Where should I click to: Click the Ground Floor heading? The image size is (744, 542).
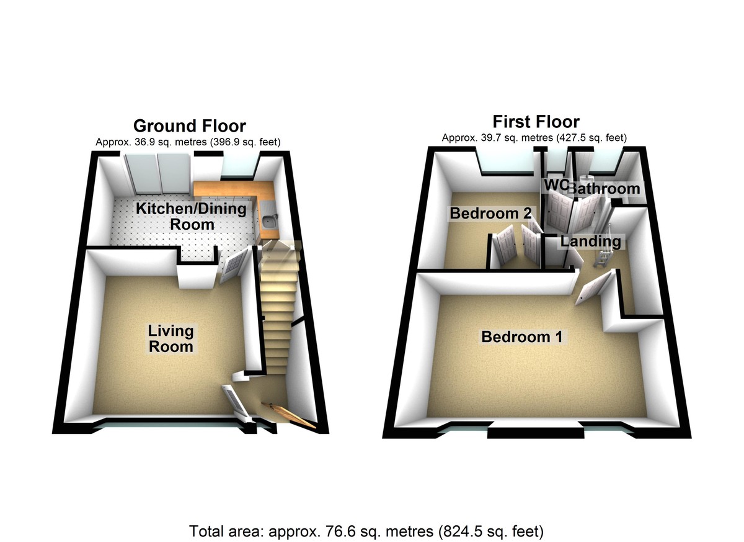click(190, 126)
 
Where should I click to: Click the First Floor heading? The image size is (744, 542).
click(536, 121)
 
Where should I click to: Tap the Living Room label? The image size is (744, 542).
click(170, 338)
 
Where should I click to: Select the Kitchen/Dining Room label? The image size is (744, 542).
click(192, 216)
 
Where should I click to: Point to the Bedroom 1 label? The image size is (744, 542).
click(522, 337)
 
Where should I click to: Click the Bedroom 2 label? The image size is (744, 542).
click(490, 214)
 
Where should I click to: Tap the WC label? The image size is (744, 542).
click(555, 185)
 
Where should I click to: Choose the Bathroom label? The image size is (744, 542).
click(604, 188)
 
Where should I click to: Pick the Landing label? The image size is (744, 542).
click(591, 242)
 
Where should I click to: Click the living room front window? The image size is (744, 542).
click(170, 425)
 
